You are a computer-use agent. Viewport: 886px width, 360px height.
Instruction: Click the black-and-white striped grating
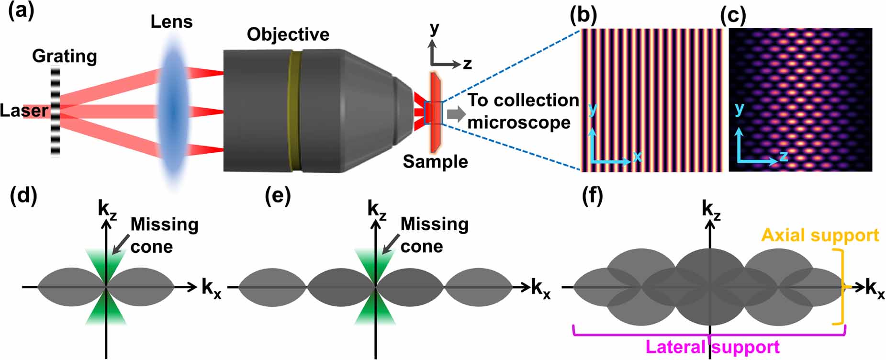click(x=56, y=112)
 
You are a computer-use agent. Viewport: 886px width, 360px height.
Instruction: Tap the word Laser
click(x=23, y=111)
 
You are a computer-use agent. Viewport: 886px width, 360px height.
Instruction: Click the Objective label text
click(x=288, y=34)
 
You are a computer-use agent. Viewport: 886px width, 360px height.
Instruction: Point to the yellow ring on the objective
click(x=295, y=110)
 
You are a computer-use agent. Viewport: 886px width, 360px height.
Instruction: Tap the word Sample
click(x=435, y=162)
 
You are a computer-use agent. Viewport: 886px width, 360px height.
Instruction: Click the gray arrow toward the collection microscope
click(x=456, y=114)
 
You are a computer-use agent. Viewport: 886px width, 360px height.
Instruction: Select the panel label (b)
click(x=583, y=15)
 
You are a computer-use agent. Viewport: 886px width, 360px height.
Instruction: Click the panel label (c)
click(x=733, y=16)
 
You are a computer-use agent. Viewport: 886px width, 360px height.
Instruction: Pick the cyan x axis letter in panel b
click(x=637, y=156)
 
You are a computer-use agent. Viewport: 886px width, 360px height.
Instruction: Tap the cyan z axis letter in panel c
click(x=783, y=156)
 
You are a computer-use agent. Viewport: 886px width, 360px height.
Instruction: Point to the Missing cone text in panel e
click(x=434, y=235)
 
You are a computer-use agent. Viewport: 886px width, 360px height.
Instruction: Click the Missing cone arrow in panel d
click(x=119, y=243)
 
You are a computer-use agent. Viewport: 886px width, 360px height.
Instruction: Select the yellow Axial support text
click(x=820, y=236)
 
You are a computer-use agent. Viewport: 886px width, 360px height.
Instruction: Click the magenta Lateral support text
click(x=712, y=347)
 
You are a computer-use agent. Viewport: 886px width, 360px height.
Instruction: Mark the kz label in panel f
click(x=711, y=211)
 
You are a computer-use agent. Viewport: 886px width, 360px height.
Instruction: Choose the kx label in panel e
click(x=540, y=289)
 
